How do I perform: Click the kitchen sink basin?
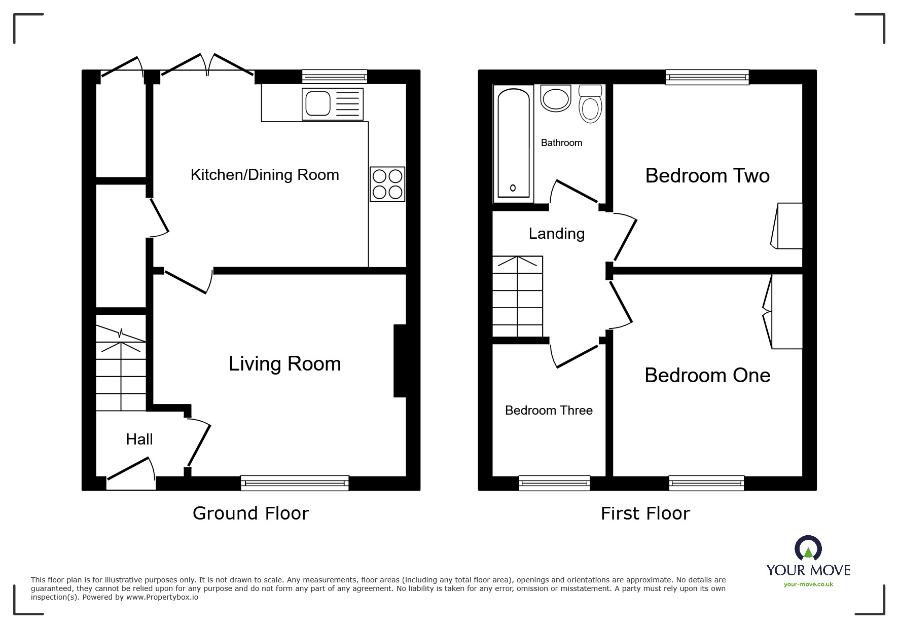pos(318,104)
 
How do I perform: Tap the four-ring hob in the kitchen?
pos(387,184)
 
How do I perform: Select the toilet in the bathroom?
pos(590,105)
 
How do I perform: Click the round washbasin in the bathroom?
pos(556,99)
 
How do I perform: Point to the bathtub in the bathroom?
pos(513,143)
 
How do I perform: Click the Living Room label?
pos(284,364)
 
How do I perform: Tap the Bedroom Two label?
pos(707,176)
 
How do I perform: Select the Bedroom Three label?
pos(549,410)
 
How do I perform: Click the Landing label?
pos(556,234)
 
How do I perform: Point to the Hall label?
pos(139,439)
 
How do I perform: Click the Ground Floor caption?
pos(250,513)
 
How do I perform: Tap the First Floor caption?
pos(645,513)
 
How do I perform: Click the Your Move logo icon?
pos(808,548)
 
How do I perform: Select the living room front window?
pos(295,483)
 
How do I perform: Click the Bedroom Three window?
pos(554,483)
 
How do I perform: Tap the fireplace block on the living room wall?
pos(400,360)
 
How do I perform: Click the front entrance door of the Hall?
pos(131,473)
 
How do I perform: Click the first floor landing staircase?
pos(518,297)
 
